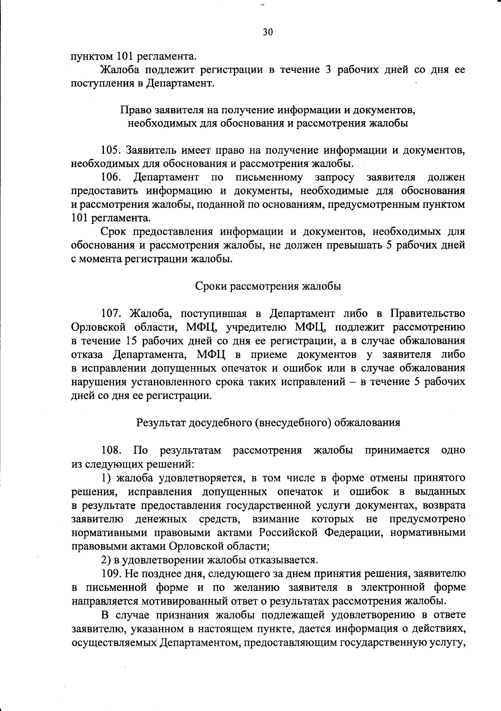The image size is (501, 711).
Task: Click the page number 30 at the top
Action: (268, 32)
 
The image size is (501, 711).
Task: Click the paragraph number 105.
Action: (111, 150)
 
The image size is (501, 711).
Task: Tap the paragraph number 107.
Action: (111, 313)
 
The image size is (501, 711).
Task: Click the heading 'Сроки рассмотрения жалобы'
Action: (268, 287)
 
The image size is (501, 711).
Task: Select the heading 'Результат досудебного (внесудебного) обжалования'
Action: (268, 422)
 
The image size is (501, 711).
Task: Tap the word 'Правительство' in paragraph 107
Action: (428, 313)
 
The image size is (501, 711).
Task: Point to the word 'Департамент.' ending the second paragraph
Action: (180, 83)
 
